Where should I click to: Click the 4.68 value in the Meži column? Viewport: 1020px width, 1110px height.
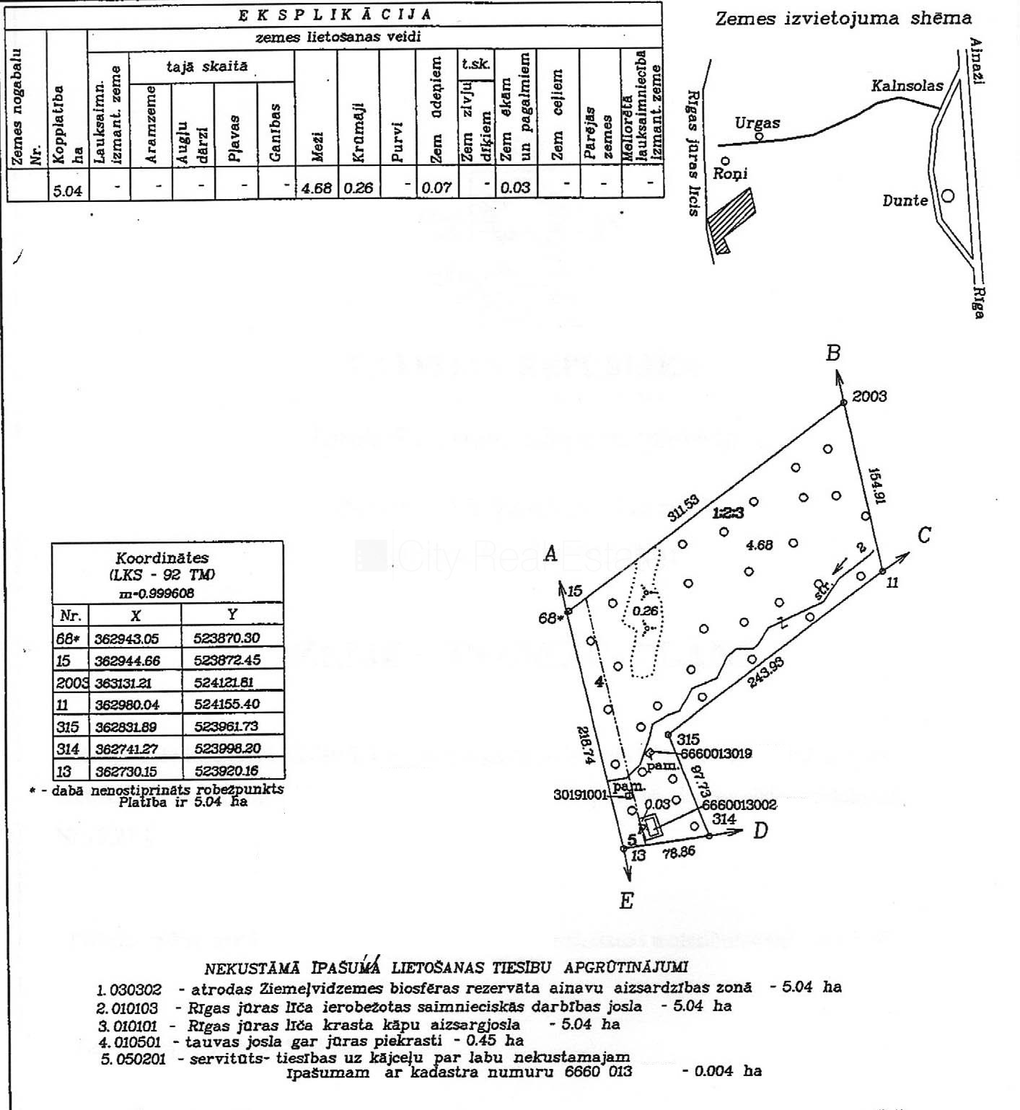pyautogui.click(x=317, y=188)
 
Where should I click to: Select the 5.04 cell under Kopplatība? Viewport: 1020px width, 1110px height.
pyautogui.click(x=68, y=191)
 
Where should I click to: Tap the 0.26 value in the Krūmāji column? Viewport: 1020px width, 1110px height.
pyautogui.click(x=359, y=188)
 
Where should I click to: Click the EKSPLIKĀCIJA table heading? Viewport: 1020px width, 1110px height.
pyautogui.click(x=335, y=14)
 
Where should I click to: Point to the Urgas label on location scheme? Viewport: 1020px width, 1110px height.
pyautogui.click(x=757, y=123)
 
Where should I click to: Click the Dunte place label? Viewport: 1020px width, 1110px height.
pyautogui.click(x=905, y=201)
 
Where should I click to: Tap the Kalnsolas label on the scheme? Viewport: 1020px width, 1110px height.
pyautogui.click(x=907, y=86)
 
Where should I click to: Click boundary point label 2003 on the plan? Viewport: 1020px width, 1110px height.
pyautogui.click(x=869, y=396)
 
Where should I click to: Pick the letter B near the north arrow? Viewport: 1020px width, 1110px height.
pyautogui.click(x=833, y=353)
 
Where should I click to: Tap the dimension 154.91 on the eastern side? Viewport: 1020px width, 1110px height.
pyautogui.click(x=876, y=485)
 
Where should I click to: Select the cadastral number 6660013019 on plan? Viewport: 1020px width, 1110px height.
pyautogui.click(x=716, y=754)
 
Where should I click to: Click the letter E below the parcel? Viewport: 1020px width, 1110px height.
pyautogui.click(x=626, y=901)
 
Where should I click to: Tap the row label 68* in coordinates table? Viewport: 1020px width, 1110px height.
pyautogui.click(x=67, y=638)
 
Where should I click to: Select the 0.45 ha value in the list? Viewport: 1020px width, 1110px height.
pyautogui.click(x=493, y=1040)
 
